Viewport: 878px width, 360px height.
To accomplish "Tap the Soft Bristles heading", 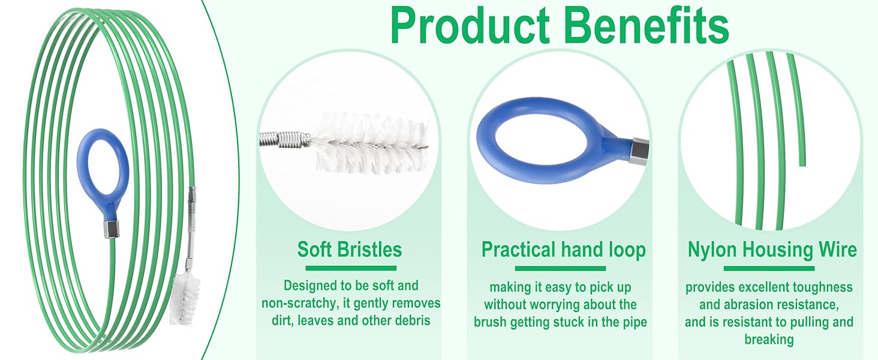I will point(350,250).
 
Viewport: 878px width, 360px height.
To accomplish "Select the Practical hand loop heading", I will point(563,250).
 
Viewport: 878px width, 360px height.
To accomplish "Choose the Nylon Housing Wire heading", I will point(772,250).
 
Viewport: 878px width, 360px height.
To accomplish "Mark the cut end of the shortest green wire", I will point(802,163).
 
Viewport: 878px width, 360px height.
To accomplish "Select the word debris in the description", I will point(412,320).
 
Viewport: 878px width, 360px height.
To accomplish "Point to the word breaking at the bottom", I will point(769,340).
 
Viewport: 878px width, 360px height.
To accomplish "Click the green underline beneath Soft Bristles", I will point(351,268).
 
